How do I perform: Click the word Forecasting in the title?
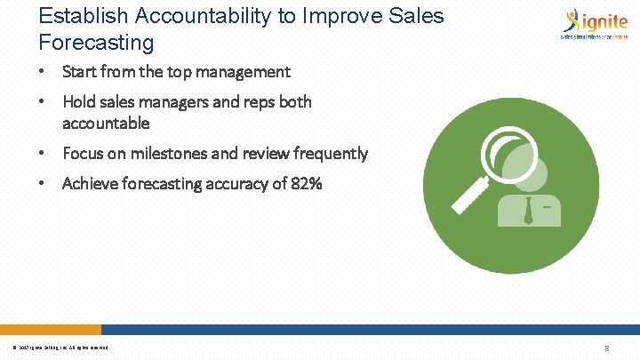tap(96, 42)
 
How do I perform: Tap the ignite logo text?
tap(603, 20)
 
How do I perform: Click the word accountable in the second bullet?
tap(106, 123)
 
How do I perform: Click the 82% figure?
tap(306, 184)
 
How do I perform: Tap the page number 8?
tap(606, 348)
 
